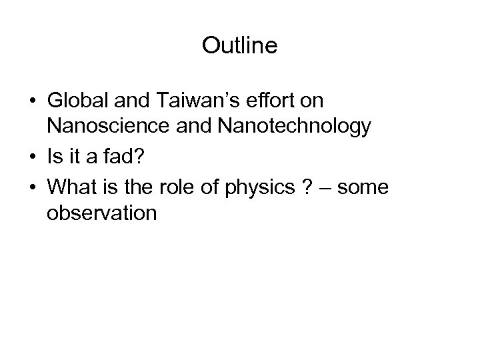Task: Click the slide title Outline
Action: (239, 47)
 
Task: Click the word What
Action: (69, 189)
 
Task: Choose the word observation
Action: (101, 213)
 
